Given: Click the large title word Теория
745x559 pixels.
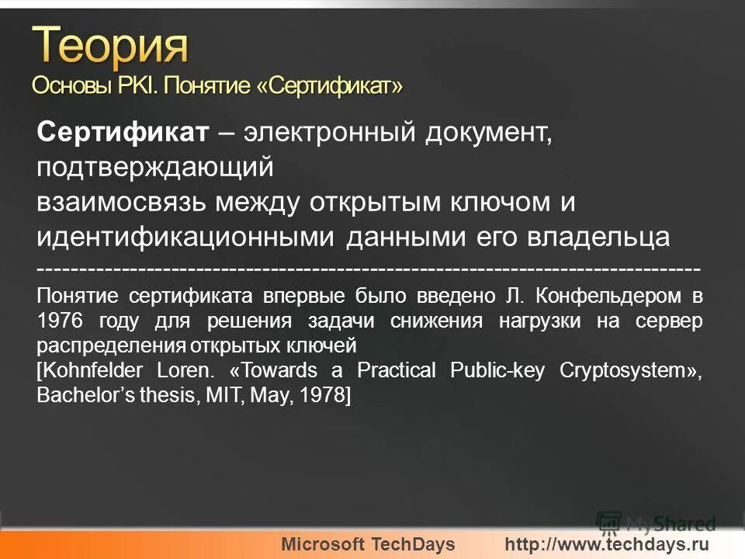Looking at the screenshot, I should click(x=111, y=46).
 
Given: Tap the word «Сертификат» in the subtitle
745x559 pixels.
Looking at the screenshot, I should click(x=331, y=85).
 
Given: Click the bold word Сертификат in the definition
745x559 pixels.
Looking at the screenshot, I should click(x=123, y=133).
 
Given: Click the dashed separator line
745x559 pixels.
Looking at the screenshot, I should click(x=369, y=269).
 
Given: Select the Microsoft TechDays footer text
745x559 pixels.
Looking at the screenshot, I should click(x=369, y=544).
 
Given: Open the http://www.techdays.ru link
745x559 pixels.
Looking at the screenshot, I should click(x=607, y=544).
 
